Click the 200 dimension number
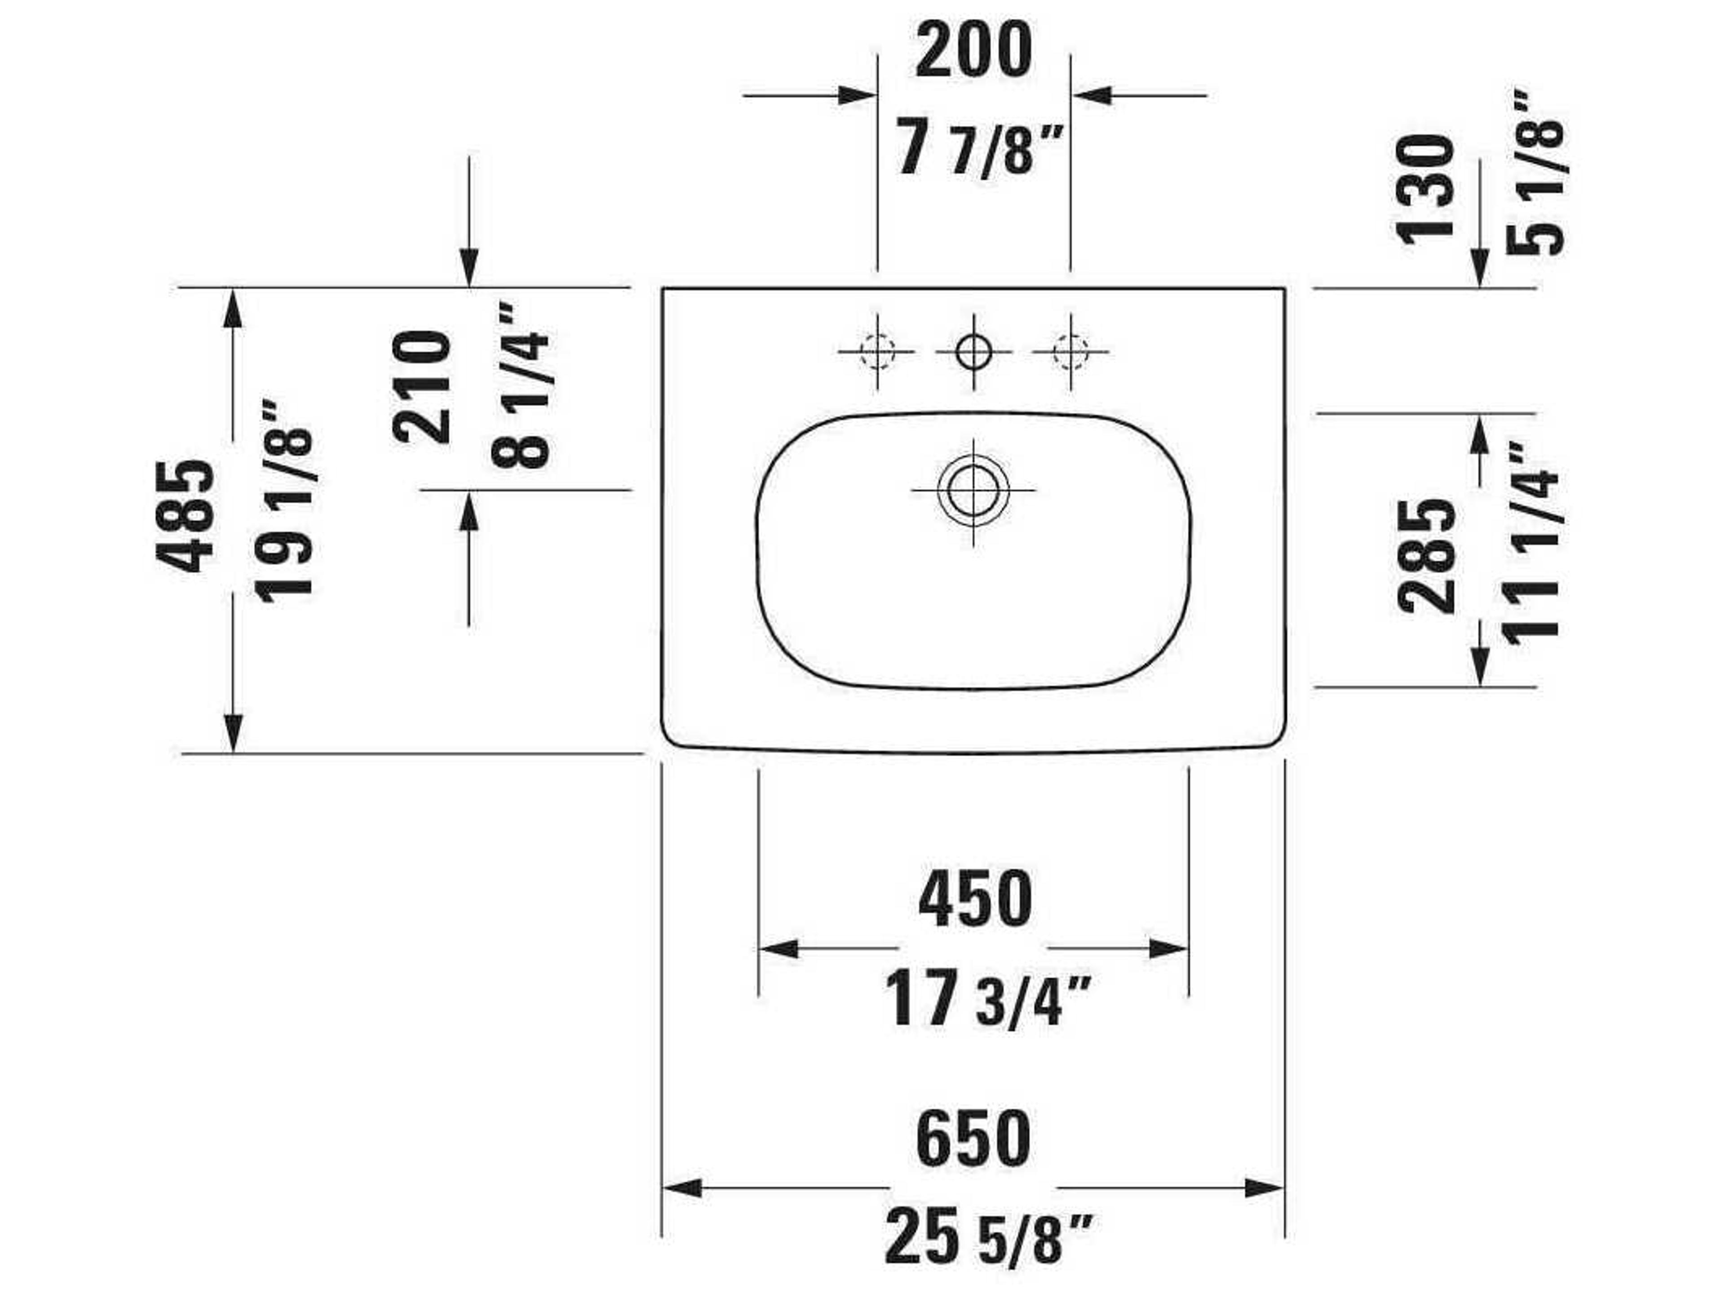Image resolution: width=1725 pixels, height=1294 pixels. [973, 52]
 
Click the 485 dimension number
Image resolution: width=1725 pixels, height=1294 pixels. [185, 516]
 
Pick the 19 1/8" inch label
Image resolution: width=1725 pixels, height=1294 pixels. [285, 501]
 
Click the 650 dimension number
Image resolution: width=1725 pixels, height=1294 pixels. [973, 1140]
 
